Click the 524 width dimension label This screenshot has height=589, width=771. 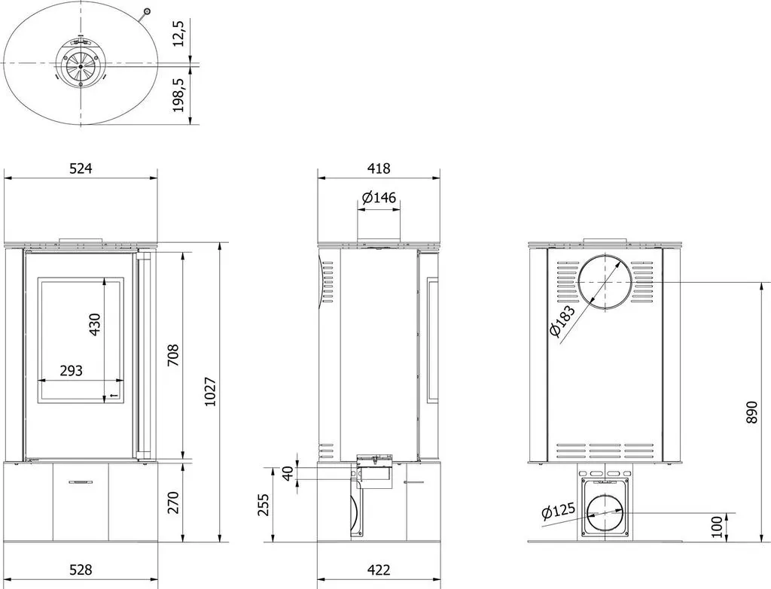pyautogui.click(x=81, y=169)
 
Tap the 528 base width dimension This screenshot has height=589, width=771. pyautogui.click(x=81, y=570)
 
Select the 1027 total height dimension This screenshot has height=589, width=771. pyautogui.click(x=210, y=391)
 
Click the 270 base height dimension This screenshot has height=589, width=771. pyautogui.click(x=173, y=502)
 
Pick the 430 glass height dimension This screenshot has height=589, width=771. pyautogui.click(x=94, y=324)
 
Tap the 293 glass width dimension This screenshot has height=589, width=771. pyautogui.click(x=71, y=370)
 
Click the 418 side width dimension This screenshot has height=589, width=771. pyautogui.click(x=379, y=169)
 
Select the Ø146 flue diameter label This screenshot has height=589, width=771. pyautogui.click(x=379, y=198)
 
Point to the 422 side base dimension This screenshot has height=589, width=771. pyautogui.click(x=379, y=570)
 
